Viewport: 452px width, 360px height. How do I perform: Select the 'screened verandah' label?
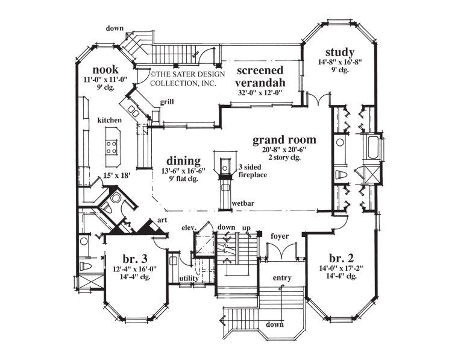point(260,77)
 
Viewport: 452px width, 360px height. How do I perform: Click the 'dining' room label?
point(184,161)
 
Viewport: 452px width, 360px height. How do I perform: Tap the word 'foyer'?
point(280,236)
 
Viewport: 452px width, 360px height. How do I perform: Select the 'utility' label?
point(189,278)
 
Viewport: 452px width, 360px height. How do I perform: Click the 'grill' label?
point(167,102)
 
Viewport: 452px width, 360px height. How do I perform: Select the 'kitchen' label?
point(110,121)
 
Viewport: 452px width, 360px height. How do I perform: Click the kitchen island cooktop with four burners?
point(112,147)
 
